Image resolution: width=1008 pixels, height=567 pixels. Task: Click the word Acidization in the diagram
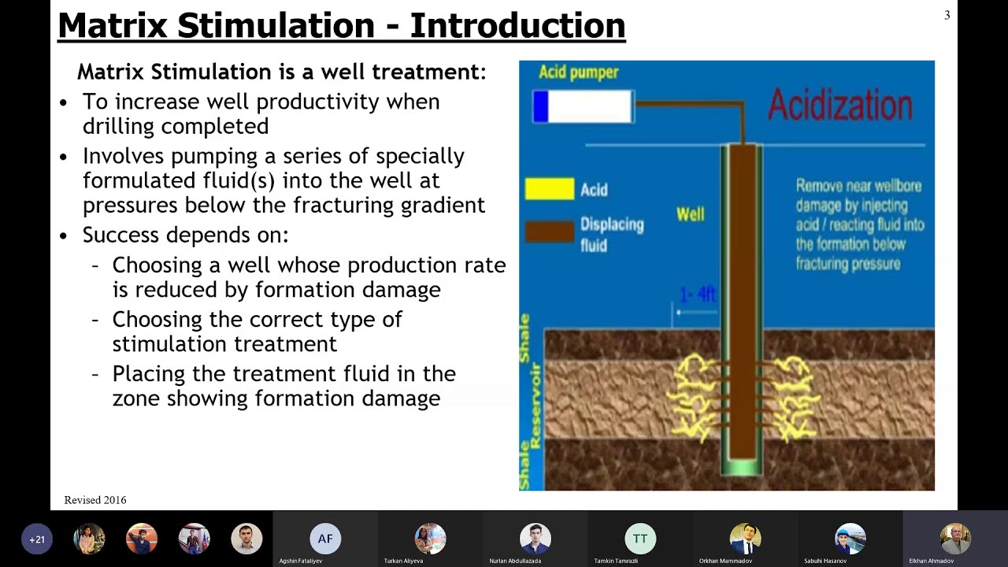tap(839, 106)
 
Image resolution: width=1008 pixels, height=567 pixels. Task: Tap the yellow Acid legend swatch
tap(550, 189)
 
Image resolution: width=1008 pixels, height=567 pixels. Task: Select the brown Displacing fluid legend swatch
tap(550, 231)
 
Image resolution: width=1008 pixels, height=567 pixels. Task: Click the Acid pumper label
tap(578, 72)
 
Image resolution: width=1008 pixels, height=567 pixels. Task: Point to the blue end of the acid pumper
tap(540, 106)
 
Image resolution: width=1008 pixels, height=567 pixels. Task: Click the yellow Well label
tap(690, 214)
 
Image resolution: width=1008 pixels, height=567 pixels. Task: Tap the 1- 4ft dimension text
tap(698, 295)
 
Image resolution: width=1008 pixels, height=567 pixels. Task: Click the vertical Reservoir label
tap(535, 406)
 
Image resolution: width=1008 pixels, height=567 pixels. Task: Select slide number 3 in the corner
tap(947, 15)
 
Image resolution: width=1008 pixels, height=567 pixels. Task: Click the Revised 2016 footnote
tap(95, 500)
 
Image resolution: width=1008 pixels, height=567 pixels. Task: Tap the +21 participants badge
tap(37, 539)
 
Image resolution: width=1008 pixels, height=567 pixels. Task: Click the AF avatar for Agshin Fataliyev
tap(325, 539)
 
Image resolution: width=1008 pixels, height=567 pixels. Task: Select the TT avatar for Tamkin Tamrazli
tap(640, 539)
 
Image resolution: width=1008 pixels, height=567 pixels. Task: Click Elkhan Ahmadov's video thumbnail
tap(954, 539)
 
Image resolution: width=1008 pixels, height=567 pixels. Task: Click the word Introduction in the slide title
tap(517, 25)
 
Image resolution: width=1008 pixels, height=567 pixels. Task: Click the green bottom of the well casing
tap(742, 468)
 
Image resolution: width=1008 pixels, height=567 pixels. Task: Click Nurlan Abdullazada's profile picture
tap(535, 539)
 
